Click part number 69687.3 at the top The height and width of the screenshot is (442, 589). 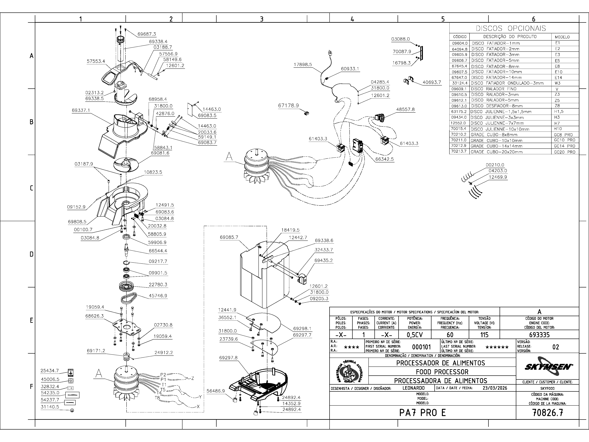pos(147,34)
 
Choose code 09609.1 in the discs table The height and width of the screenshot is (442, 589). pos(459,89)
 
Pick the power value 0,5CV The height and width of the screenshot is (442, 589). pos(415,335)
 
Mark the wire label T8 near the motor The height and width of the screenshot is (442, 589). pos(157,398)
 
